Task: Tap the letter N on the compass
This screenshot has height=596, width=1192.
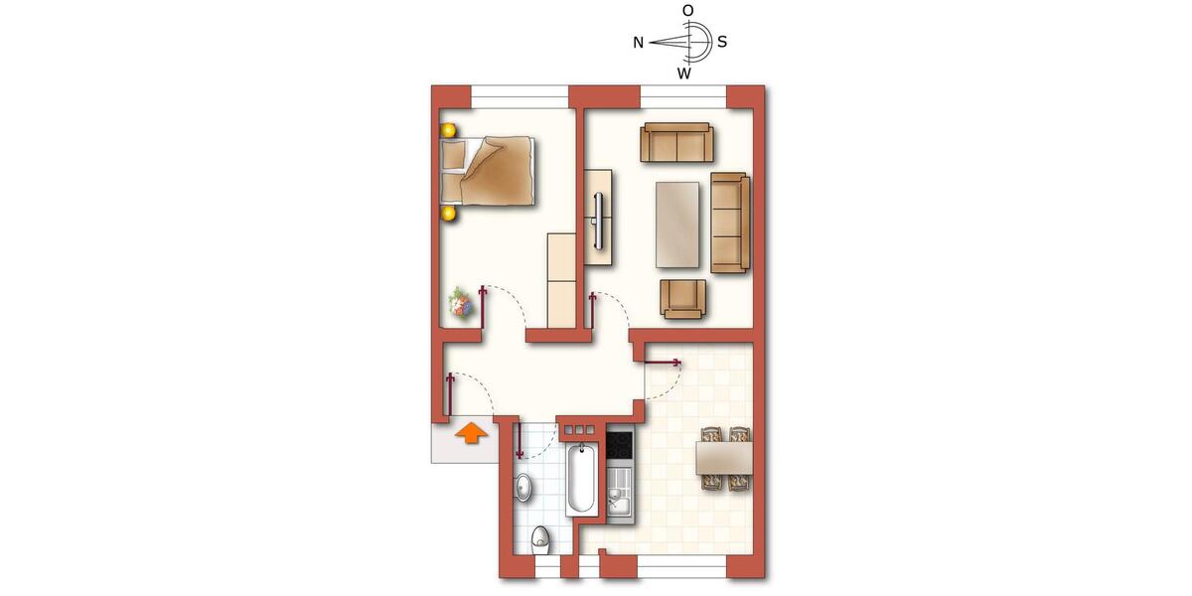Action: click(639, 43)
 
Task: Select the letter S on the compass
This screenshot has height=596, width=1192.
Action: click(722, 43)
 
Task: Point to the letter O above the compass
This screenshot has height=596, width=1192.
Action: click(687, 10)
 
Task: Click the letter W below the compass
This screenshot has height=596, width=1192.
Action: click(684, 74)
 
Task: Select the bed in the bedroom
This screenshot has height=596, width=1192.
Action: click(489, 171)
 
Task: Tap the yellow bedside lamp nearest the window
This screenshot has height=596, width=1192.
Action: click(449, 130)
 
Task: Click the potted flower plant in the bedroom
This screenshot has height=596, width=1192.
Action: click(460, 303)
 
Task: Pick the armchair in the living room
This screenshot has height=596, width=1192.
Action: click(683, 298)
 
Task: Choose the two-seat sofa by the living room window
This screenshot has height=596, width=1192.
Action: click(676, 142)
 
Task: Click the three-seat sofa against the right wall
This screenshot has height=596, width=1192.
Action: click(729, 223)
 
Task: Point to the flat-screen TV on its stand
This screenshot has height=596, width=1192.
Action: click(599, 220)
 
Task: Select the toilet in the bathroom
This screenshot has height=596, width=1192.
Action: click(540, 539)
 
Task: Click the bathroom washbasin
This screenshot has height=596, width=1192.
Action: click(524, 487)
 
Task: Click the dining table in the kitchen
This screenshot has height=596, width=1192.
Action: click(724, 458)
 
